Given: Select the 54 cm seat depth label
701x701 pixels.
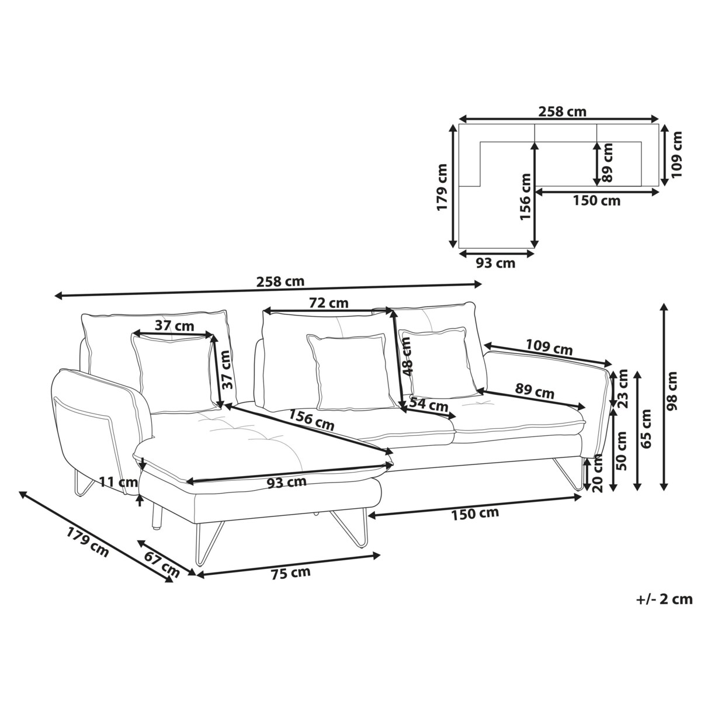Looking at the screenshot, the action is point(429,404).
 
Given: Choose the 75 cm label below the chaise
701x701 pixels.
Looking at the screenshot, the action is point(291,573).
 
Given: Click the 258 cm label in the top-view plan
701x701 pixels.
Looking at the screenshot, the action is point(563,112).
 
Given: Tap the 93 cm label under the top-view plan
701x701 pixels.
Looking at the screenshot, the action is point(495,263).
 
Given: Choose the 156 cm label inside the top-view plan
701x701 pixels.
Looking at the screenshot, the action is point(526,196).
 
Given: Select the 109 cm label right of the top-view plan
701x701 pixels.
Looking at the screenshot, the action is point(676,155).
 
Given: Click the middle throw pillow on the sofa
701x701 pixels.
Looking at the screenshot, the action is point(352,372).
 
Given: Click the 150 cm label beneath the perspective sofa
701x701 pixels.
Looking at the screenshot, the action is point(475,513).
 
